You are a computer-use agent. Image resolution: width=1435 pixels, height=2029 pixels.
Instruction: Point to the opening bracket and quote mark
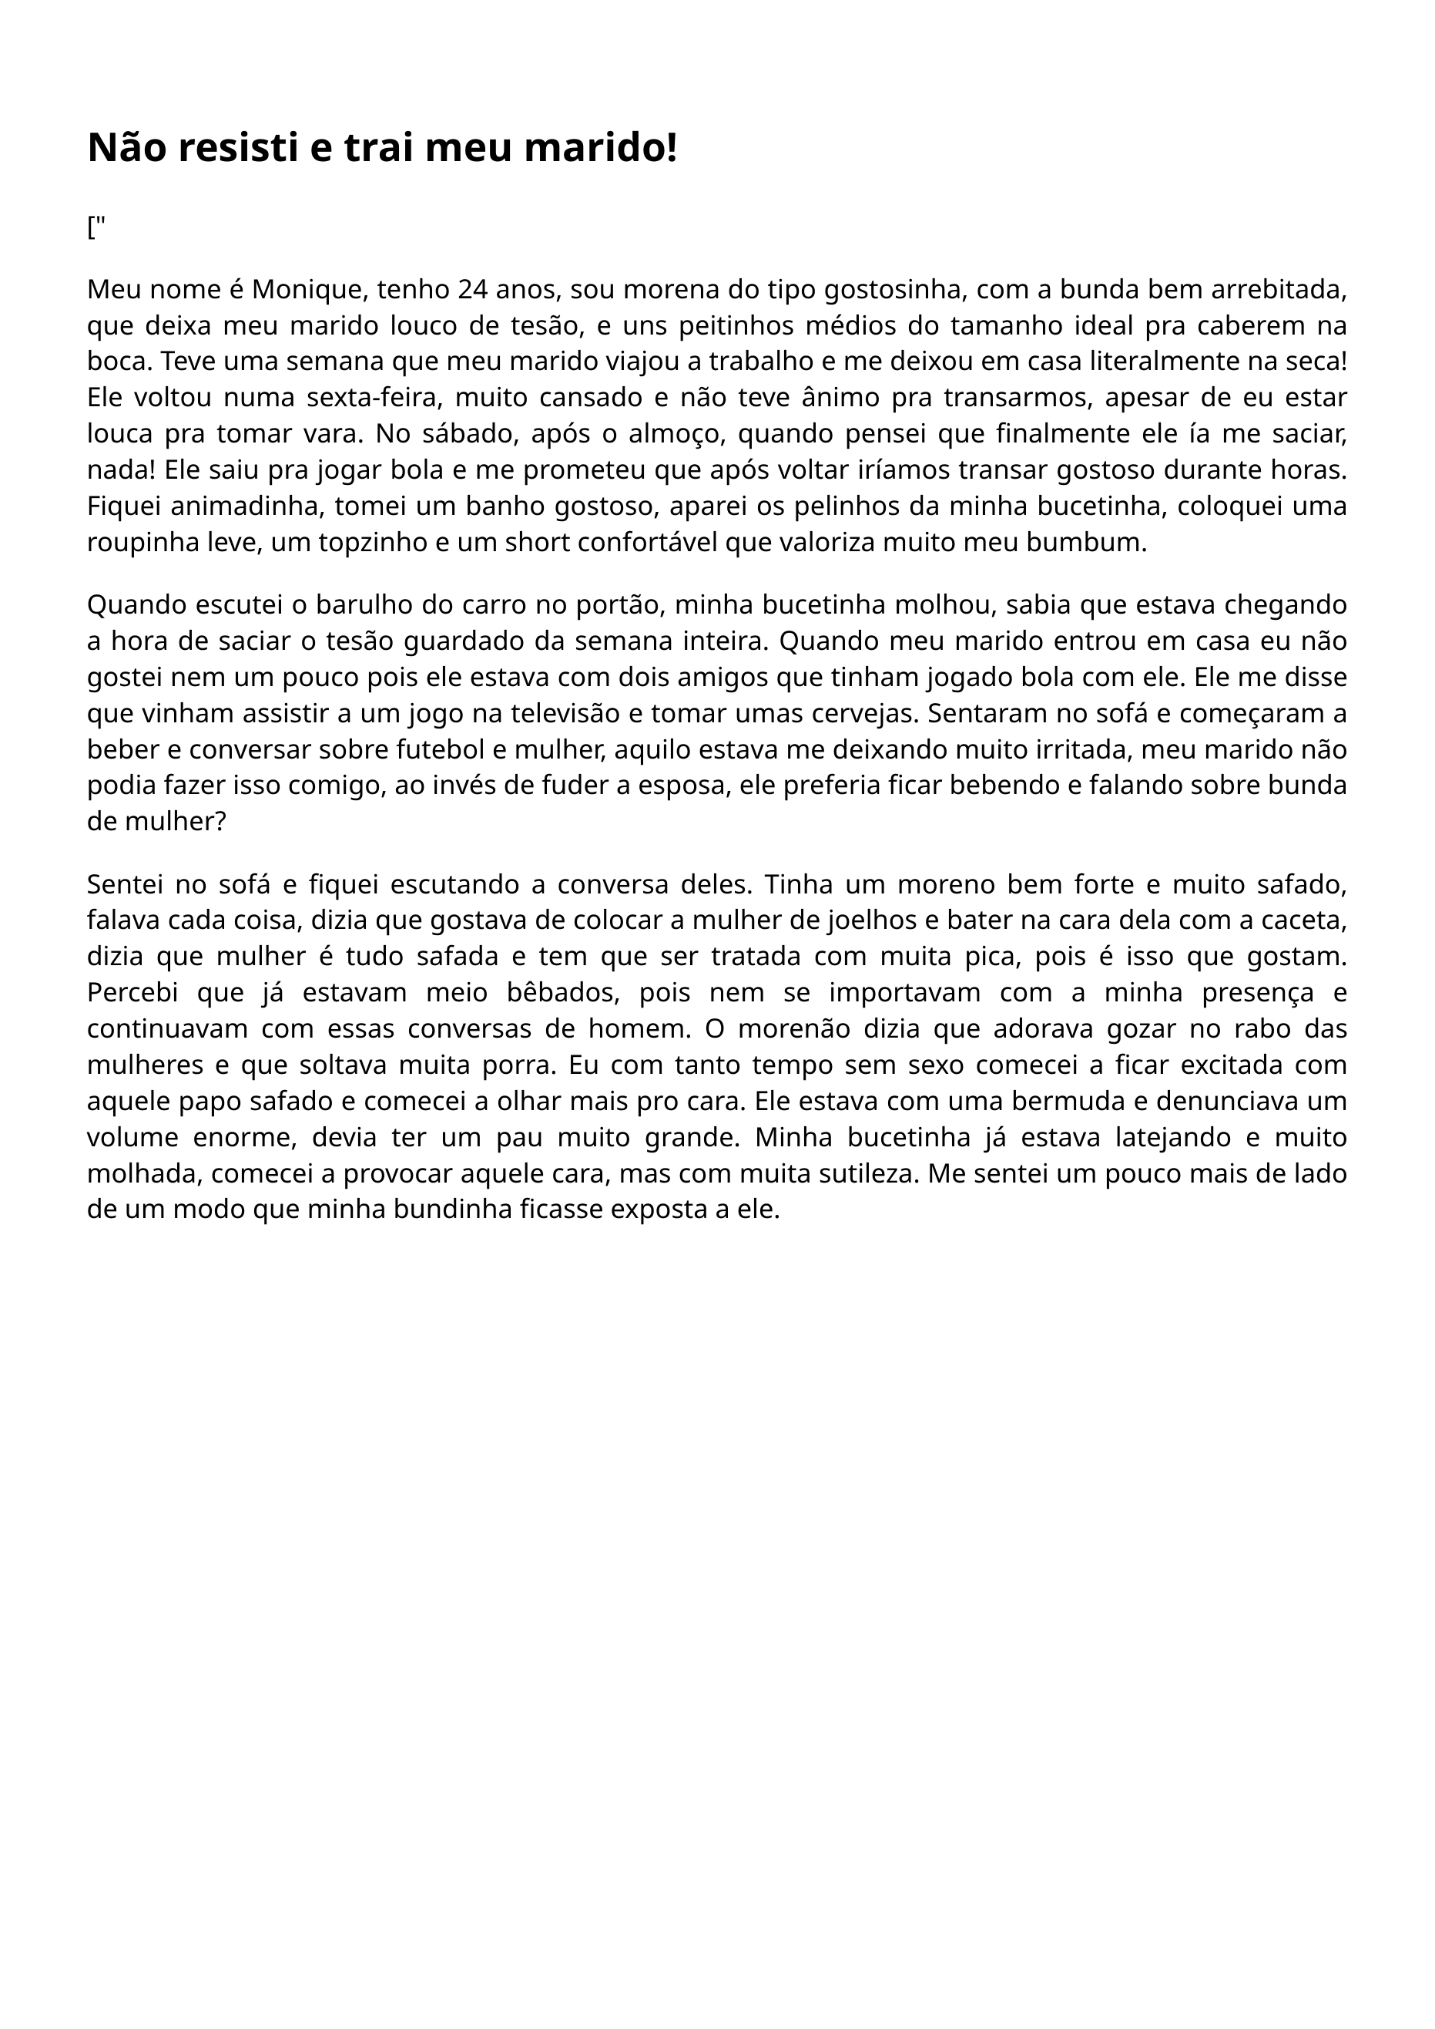tap(96, 228)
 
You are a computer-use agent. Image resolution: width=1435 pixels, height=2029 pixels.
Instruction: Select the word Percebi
tap(132, 993)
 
